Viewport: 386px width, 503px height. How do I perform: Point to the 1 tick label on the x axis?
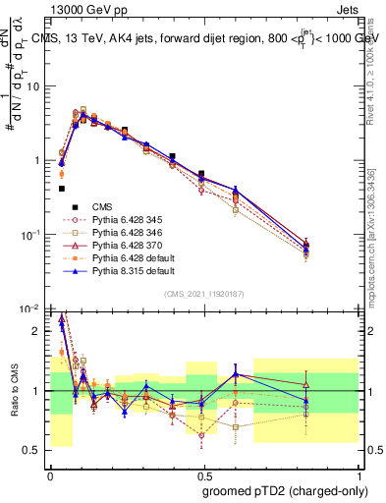(x=358, y=475)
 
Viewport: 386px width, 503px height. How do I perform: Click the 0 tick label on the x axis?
(x=50, y=475)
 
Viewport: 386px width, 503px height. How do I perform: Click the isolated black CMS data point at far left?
(x=62, y=189)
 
